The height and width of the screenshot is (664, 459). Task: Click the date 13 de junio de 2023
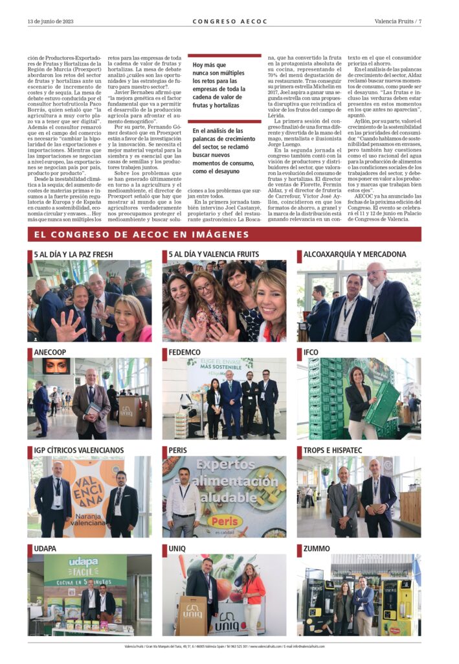50,21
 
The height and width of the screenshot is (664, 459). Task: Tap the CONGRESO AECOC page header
229,21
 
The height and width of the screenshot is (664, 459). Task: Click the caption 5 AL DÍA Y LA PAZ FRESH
73,254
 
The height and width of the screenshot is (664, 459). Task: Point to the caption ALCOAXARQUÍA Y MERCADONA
355,254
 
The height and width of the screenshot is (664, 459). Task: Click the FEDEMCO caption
185,352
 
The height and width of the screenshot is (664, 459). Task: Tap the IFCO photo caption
311,352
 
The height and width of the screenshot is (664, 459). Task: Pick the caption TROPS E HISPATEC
334,450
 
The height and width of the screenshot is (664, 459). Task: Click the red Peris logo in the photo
225,521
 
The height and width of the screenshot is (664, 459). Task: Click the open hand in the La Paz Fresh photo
67,326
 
